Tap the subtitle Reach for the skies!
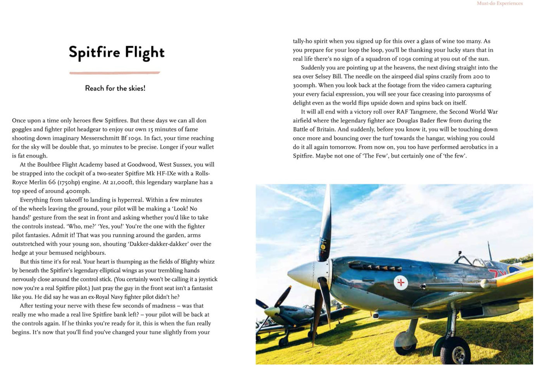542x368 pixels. (117, 89)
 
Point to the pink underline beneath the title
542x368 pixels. (117, 74)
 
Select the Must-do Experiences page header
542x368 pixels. (508, 3)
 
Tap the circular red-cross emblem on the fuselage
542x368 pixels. (407, 287)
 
